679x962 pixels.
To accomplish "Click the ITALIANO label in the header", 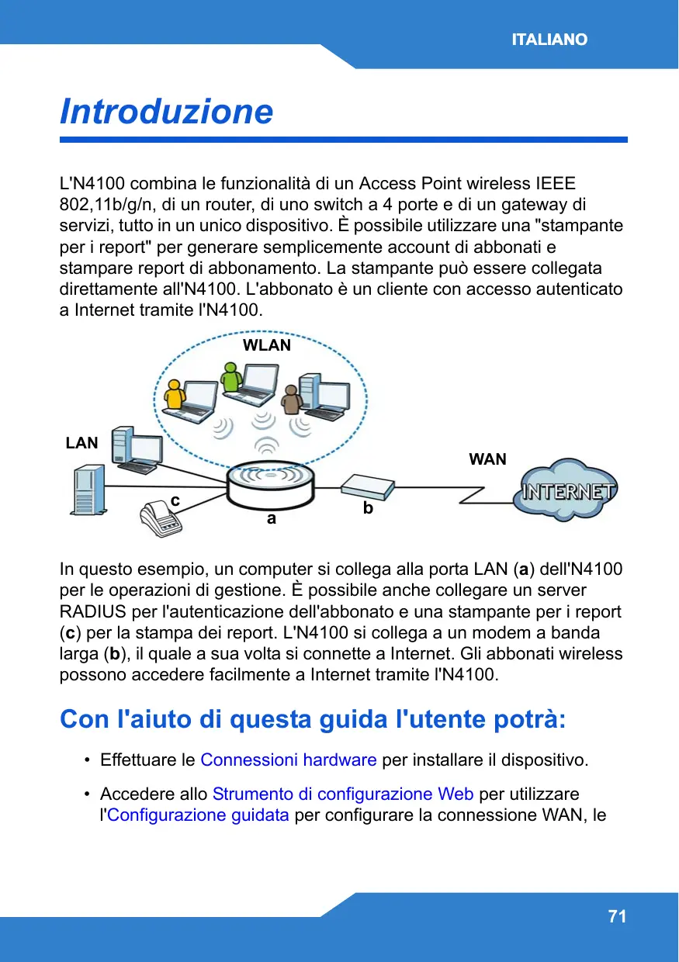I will pyautogui.click(x=549, y=40).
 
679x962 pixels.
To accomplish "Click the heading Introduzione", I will pyautogui.click(x=167, y=112).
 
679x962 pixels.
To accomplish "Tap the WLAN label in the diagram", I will pyautogui.click(x=267, y=346).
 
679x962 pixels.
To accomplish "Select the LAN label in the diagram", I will pyautogui.click(x=82, y=443).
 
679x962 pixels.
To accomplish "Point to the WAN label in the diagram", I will pyautogui.click(x=487, y=459).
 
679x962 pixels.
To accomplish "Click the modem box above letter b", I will pyautogui.click(x=369, y=486).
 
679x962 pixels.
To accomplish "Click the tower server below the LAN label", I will pyautogui.click(x=87, y=490).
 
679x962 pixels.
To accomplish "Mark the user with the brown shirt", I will pyautogui.click(x=290, y=400).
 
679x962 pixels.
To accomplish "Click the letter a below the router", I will pyautogui.click(x=271, y=519).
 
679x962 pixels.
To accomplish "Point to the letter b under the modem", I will pyautogui.click(x=368, y=509).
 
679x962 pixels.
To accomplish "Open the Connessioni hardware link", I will pyautogui.click(x=289, y=760).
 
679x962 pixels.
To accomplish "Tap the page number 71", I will pyautogui.click(x=617, y=917).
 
